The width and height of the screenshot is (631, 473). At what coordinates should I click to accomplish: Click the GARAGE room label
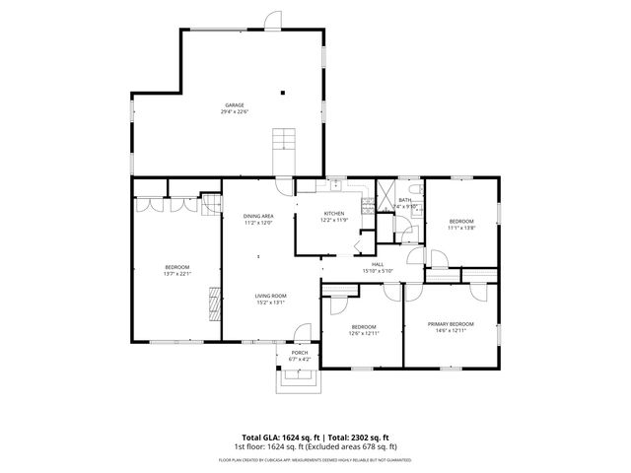(x=234, y=104)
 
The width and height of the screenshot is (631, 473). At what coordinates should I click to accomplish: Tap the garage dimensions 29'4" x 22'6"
(x=234, y=111)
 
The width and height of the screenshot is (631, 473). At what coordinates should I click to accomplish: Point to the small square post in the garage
(x=283, y=93)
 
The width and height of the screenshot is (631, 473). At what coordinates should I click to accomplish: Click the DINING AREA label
(x=258, y=216)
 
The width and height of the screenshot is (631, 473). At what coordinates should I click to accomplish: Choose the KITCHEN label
(x=334, y=214)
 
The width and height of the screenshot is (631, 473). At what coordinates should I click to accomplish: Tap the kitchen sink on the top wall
(x=333, y=183)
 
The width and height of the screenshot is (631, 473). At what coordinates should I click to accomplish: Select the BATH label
(x=404, y=200)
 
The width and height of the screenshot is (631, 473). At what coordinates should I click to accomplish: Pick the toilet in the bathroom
(x=418, y=188)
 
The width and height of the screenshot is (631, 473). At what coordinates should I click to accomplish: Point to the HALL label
(x=378, y=264)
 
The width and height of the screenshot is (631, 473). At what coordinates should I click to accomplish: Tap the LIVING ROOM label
(x=270, y=296)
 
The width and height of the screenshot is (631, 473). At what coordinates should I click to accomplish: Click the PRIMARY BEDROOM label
(x=451, y=324)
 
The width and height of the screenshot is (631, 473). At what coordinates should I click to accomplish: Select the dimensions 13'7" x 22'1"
(x=176, y=275)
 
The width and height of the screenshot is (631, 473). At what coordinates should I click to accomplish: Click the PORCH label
(x=299, y=353)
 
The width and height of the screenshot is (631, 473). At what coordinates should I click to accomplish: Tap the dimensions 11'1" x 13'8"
(x=461, y=228)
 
